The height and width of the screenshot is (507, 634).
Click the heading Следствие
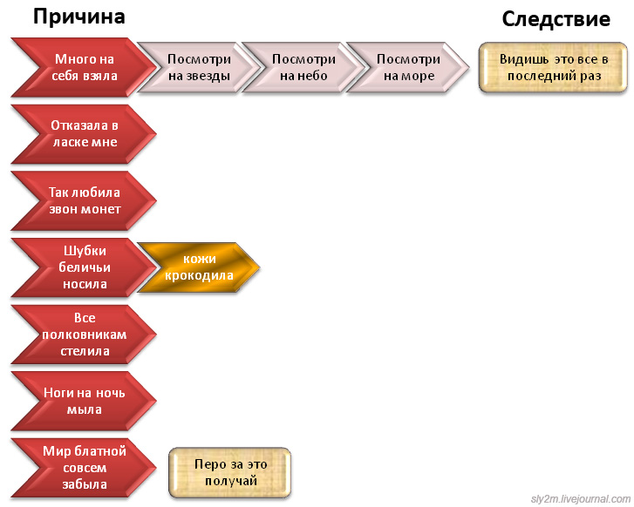coord(556,20)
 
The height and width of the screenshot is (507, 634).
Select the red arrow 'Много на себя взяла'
coord(84,67)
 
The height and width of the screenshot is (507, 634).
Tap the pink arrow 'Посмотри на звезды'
coord(198,67)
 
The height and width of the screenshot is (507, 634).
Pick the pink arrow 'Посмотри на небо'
coord(303,67)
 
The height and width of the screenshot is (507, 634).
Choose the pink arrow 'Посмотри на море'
coord(407,67)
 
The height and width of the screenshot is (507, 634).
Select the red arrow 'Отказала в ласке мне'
coord(84,133)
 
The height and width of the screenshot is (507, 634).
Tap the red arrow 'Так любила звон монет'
coord(84,200)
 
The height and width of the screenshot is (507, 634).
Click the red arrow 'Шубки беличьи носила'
coord(84,267)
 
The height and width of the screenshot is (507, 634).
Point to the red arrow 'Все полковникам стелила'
coord(84,335)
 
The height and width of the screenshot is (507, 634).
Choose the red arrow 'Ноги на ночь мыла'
coord(84,401)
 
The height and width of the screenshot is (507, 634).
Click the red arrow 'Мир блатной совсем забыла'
coord(84,468)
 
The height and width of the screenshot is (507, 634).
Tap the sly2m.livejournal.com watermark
coord(579,499)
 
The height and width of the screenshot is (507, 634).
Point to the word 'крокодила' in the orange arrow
coord(200,276)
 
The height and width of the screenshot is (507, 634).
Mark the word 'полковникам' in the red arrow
coord(85,335)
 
